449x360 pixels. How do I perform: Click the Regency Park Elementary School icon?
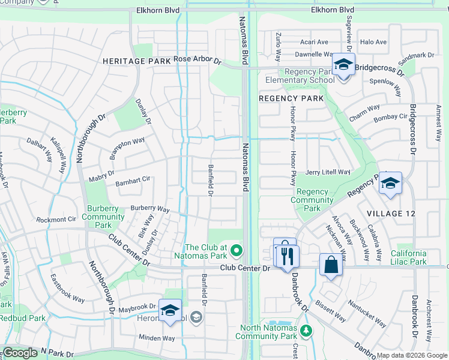(343, 65)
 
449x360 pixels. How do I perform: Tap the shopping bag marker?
(331, 265)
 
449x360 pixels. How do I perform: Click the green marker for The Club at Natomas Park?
(237, 250)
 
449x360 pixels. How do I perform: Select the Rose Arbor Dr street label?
(197, 60)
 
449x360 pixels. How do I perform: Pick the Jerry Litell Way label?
(328, 172)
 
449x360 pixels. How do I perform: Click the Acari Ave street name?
(315, 42)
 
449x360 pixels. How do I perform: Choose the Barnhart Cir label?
(133, 179)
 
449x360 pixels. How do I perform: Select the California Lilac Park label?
(418, 257)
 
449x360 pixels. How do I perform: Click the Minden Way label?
(157, 338)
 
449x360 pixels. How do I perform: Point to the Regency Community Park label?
(312, 200)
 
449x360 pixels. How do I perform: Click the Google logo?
(20, 353)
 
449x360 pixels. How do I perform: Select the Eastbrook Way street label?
(67, 289)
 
